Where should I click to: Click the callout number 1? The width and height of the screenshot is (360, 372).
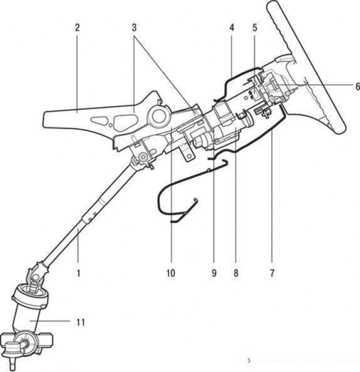pyautogui.click(x=78, y=273)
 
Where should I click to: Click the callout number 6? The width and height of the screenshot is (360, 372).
pyautogui.click(x=356, y=86)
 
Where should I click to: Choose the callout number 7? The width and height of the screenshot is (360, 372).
pyautogui.click(x=273, y=273)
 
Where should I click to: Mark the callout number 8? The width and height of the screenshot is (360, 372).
pyautogui.click(x=235, y=273)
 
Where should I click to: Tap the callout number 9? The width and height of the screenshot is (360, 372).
pyautogui.click(x=213, y=273)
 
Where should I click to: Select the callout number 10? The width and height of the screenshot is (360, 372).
pyautogui.click(x=171, y=273)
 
